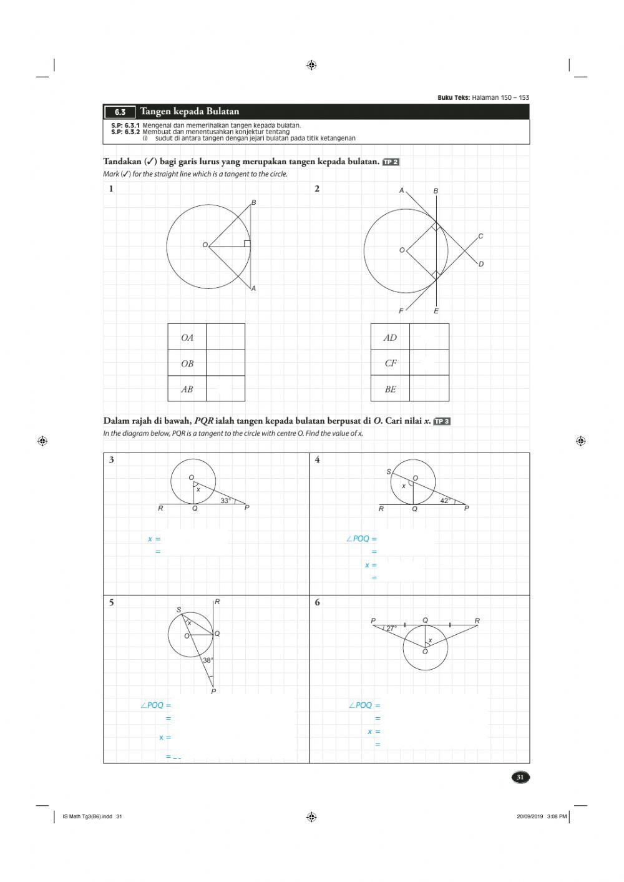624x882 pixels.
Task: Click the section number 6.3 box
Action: tap(120, 112)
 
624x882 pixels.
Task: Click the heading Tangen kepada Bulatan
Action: tap(189, 112)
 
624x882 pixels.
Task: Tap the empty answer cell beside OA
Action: tap(225, 337)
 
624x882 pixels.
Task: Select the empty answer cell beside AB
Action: tap(225, 389)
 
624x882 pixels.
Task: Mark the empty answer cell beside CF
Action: tap(429, 363)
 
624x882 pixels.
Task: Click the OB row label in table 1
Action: tap(187, 363)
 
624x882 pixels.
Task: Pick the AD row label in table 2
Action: tap(390, 338)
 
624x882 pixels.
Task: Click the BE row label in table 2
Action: tap(390, 389)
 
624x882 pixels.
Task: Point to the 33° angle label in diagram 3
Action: tap(226, 500)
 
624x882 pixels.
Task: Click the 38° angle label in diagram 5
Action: tap(208, 660)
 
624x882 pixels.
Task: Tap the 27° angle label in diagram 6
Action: tap(391, 629)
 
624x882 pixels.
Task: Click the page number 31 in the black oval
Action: tap(520, 777)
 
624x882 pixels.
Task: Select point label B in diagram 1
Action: tap(253, 202)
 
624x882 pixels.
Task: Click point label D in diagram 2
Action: tap(481, 264)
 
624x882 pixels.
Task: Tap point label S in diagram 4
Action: tap(389, 472)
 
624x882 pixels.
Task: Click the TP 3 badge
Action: tap(442, 421)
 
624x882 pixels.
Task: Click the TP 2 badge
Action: tap(391, 162)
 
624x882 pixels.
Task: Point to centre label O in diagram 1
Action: tap(205, 245)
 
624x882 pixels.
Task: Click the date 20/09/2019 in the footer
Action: tap(529, 816)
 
